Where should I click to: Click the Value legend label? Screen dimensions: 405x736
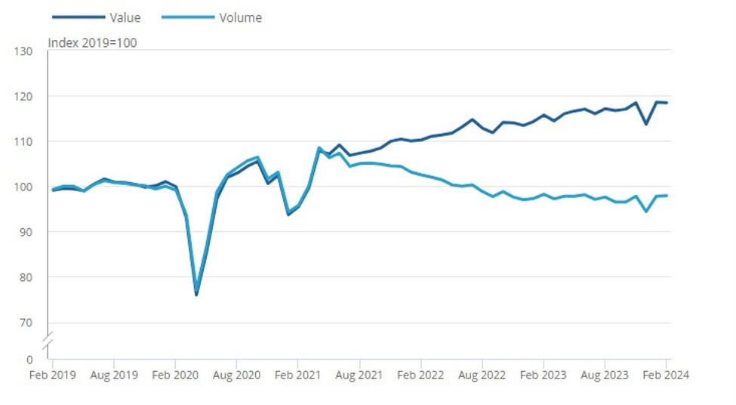tap(125, 18)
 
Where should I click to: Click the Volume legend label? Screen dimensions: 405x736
tap(240, 18)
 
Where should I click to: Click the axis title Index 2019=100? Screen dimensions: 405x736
tap(92, 42)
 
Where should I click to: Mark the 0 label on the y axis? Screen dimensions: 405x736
tap(29, 360)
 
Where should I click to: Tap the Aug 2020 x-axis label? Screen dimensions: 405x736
tap(236, 375)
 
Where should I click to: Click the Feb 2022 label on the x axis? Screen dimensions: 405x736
tap(420, 375)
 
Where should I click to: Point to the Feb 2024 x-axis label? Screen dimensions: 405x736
tap(666, 375)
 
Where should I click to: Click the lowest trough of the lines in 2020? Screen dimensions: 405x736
tap(196, 293)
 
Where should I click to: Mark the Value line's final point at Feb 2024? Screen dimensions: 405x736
tap(667, 103)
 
